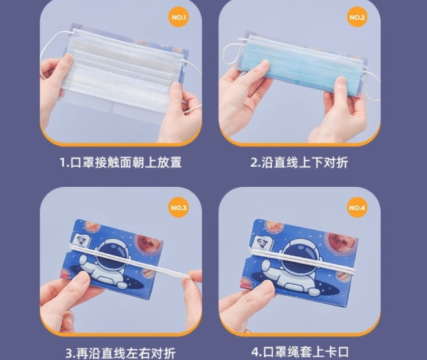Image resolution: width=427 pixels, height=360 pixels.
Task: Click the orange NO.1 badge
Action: coord(179,18)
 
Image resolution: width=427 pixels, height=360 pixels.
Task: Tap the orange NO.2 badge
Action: coord(357,18)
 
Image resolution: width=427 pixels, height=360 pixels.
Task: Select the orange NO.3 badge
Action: coord(179,208)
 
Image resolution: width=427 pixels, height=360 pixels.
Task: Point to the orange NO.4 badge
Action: coord(357,208)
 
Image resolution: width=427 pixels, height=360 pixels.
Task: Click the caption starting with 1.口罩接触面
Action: coord(121,162)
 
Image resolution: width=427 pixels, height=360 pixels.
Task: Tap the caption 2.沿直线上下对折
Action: coord(299,162)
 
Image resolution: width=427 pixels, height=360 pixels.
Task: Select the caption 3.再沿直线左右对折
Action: coord(121,353)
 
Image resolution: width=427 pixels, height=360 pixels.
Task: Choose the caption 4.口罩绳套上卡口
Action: coord(300,352)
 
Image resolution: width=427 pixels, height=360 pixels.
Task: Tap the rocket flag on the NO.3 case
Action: coord(80,240)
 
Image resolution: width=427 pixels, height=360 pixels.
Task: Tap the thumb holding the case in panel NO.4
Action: coord(261,289)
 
